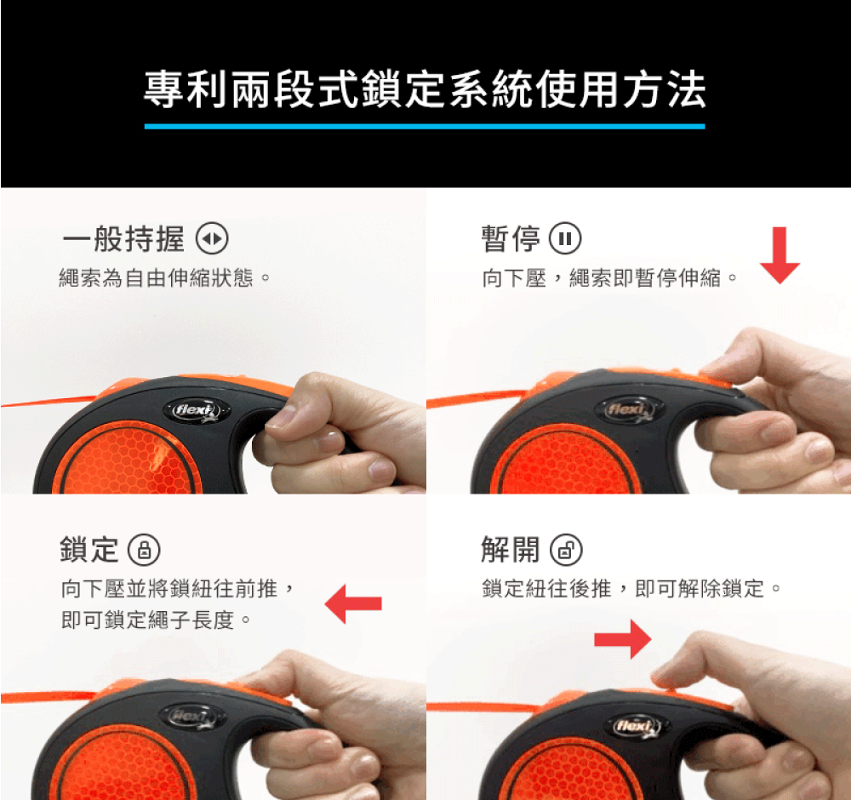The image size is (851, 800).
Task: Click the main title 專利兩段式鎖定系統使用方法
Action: coord(425,89)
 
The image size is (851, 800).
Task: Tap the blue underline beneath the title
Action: coord(425,127)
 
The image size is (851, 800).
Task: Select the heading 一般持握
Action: coord(123,239)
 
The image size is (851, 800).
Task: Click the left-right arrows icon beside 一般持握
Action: coord(212,239)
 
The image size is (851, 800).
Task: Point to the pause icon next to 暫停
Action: coord(566,239)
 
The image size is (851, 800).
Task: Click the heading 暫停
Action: coord(511,239)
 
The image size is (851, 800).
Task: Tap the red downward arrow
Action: coord(780,255)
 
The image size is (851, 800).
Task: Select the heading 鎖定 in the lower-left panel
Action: coord(89,549)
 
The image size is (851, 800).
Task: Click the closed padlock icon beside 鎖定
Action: coord(144,550)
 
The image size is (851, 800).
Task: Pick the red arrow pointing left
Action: coord(353,603)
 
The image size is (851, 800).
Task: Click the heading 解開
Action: coord(511,549)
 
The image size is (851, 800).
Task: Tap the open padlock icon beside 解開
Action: coord(566,550)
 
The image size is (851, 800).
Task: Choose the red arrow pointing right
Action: coord(623,639)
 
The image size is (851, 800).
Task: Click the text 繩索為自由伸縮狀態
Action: coord(157,278)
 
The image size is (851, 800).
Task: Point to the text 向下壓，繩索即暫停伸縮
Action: coord(602,278)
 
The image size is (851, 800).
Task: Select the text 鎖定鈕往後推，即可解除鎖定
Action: coord(623,588)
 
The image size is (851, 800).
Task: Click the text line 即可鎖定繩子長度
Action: coord(147,620)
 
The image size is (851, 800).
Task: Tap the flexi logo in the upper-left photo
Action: coord(197,410)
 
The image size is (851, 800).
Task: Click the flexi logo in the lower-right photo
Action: coord(636,726)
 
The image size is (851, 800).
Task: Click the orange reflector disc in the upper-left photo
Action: coord(128,460)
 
